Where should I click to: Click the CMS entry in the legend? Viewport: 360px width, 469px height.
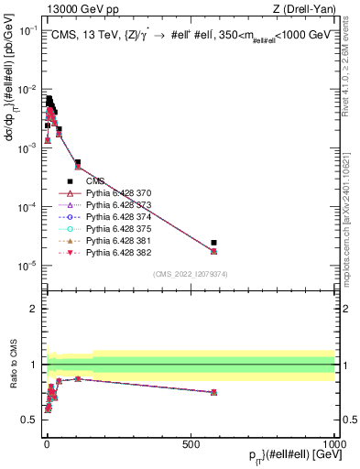[96, 181]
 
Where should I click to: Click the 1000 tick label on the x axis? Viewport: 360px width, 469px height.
[333, 444]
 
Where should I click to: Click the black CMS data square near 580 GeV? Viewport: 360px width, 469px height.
[213, 243]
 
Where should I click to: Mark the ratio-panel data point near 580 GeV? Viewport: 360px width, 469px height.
[213, 392]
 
